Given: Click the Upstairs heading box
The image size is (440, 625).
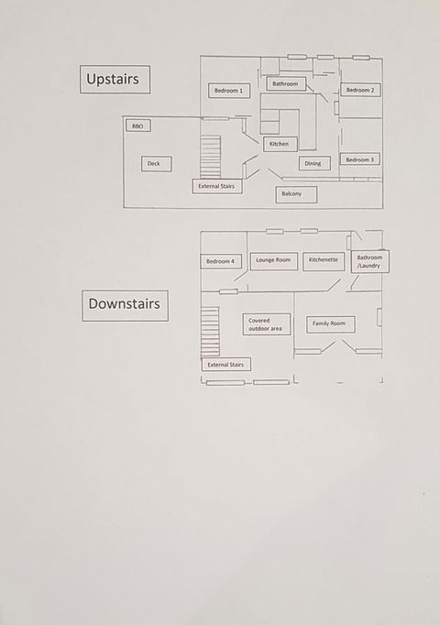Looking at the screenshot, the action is tap(115, 80).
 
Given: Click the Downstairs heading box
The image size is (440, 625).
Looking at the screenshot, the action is tap(126, 306).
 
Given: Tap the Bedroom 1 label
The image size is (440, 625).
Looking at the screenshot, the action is tap(229, 91).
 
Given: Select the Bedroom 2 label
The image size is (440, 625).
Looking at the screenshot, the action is tap(360, 90).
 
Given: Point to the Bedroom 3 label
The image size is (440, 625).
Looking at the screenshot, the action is tap(360, 159).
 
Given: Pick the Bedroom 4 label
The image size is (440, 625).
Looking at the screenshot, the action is tap(221, 261).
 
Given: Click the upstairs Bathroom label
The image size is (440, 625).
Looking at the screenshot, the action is tap(286, 83).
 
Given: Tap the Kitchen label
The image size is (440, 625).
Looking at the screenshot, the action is tap(280, 144).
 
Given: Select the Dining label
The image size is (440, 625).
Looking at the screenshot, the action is tap(314, 163).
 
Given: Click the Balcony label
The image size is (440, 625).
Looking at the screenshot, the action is tap(296, 194).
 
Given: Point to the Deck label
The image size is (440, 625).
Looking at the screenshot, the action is tap(157, 164).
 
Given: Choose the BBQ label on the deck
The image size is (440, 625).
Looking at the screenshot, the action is tap(137, 126).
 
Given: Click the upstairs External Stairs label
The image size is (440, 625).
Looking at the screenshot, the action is tap(217, 186).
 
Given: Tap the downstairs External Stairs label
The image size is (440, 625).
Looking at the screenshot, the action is tap(226, 365).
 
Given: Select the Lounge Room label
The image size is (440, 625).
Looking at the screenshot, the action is tap(274, 260).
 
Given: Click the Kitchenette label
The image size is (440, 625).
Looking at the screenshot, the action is tap(324, 260).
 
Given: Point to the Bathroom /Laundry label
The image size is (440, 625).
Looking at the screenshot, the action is tap(369, 261).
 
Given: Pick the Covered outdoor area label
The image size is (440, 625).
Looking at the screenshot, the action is tap(266, 324).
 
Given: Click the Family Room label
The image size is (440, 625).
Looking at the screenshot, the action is tap(331, 323).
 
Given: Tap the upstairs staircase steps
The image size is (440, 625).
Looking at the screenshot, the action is tap(211, 157).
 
